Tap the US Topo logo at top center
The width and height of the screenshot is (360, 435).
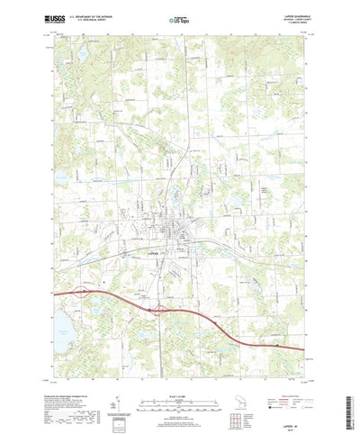pos(178,18)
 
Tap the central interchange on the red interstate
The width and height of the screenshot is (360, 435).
pos(160,310)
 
